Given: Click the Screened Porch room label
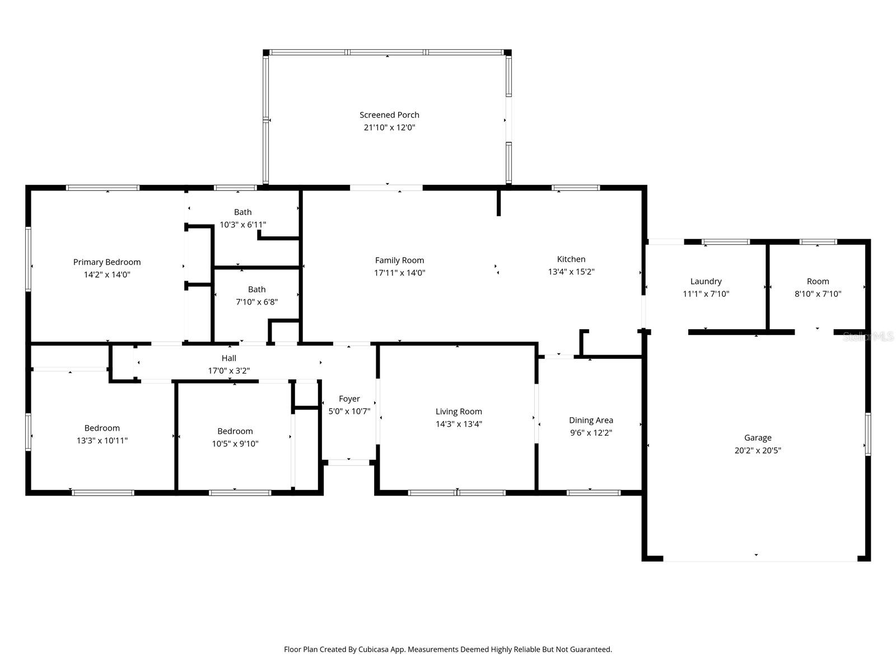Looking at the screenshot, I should [x=389, y=115].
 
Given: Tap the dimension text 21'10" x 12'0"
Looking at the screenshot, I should [x=389, y=128].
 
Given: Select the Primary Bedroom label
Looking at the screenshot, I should [x=107, y=262].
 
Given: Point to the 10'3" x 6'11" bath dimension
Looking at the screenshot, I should [x=242, y=225].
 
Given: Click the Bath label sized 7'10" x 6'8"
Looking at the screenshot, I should [x=256, y=290].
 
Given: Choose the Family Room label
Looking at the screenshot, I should [x=399, y=260].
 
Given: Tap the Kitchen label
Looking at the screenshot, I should [x=571, y=259].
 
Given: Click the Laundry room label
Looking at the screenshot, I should [x=706, y=282].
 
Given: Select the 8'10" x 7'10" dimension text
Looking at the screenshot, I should [x=818, y=294].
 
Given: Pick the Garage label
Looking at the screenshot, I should [x=758, y=438].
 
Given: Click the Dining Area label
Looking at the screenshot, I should [x=591, y=421].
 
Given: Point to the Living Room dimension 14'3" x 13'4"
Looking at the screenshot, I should [x=459, y=424].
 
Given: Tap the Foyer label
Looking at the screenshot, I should [x=349, y=399].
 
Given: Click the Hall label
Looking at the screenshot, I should [x=228, y=358].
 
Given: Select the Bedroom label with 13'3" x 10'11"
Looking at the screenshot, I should [x=102, y=428].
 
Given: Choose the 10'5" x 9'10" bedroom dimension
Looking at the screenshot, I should [x=235, y=444].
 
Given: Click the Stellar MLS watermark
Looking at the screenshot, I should [x=867, y=337].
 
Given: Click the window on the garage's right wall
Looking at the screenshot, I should [x=867, y=434].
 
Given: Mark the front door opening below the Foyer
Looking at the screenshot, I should [x=348, y=463].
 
